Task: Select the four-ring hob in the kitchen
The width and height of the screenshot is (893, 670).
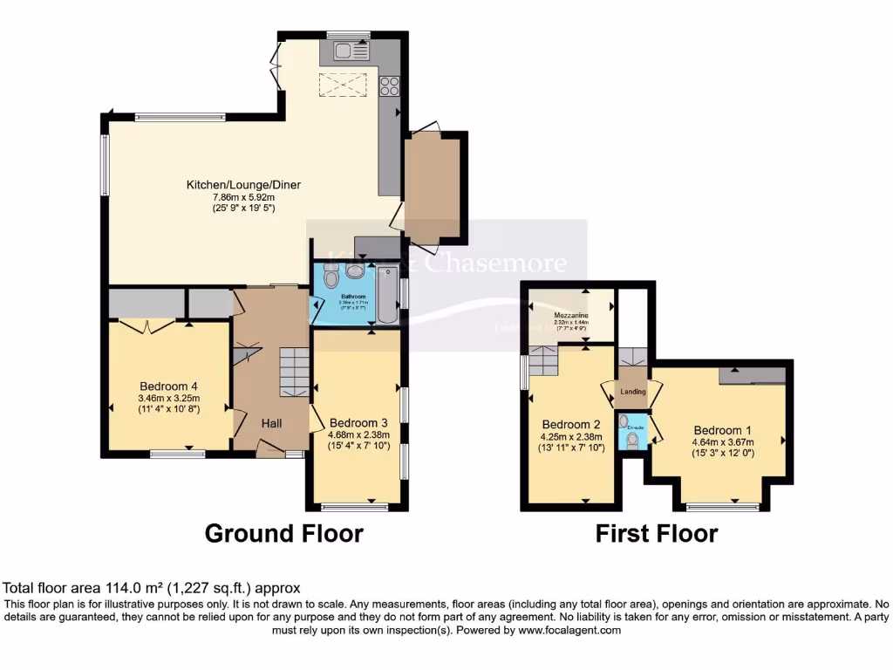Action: coord(389,85)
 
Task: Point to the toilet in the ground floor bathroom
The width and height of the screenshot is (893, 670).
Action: coord(331,277)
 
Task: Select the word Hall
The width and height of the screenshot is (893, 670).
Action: coord(272,423)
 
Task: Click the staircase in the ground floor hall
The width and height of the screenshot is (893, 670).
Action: coord(295,372)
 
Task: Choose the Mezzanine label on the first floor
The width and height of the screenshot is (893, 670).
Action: coord(571,314)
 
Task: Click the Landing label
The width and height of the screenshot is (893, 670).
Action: coord(633,392)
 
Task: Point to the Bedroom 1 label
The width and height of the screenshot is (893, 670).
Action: coord(723,429)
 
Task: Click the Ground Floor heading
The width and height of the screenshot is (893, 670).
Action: coord(283,533)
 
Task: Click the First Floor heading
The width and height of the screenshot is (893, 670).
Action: coord(656,533)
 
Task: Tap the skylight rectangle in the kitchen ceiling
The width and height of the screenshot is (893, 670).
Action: coord(342,85)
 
